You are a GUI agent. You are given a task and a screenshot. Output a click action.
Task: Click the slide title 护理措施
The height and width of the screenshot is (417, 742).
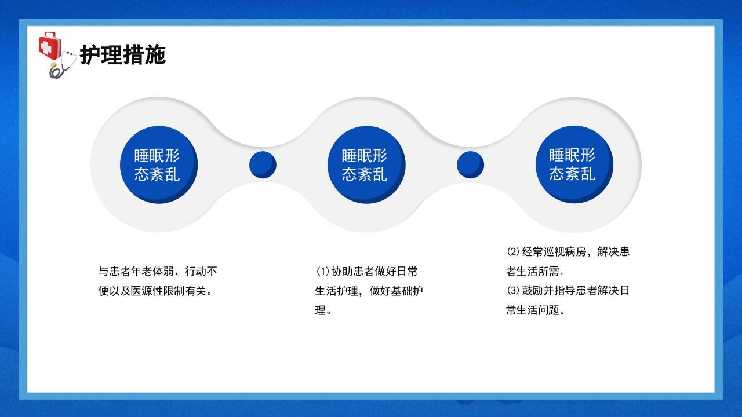tap(123, 56)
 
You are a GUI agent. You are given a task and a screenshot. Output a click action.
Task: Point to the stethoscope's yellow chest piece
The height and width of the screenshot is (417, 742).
tap(55, 72)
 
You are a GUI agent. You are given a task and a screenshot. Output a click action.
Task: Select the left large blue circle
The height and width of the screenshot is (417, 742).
tap(158, 164)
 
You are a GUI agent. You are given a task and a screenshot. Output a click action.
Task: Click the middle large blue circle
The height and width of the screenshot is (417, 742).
tap(365, 164)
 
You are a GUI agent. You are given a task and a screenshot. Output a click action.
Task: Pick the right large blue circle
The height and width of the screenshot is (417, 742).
tap(573, 164)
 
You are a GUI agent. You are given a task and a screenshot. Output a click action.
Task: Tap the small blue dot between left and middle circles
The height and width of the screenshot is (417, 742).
tap(263, 164)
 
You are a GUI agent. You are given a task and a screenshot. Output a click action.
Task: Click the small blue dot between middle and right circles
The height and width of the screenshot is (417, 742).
tap(470, 164)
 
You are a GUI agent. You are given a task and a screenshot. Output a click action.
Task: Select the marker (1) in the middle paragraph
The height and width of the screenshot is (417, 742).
tap(322, 272)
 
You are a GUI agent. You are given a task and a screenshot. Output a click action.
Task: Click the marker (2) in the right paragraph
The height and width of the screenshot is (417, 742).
tap(513, 252)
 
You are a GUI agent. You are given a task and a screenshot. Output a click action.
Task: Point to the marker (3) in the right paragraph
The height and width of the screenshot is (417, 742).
tap(513, 291)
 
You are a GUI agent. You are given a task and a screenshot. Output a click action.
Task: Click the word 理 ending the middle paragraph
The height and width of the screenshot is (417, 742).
tap(321, 310)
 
